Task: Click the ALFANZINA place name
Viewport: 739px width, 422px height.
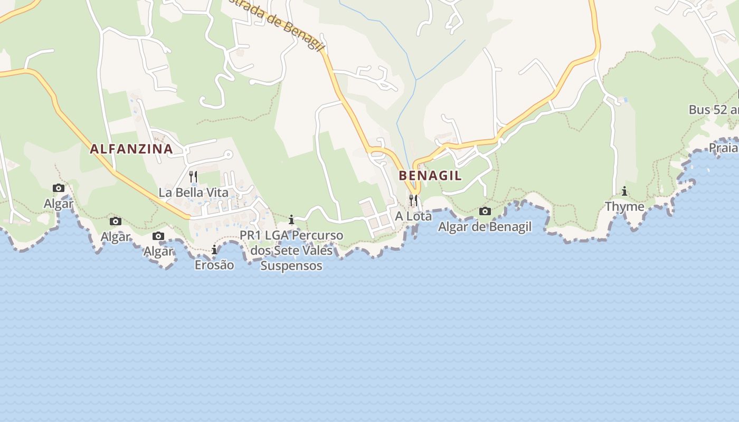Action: (x=131, y=149)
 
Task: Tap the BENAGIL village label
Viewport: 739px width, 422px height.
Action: (x=430, y=176)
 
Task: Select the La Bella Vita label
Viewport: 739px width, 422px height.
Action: (x=194, y=193)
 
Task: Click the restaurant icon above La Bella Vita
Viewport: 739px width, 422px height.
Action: (x=193, y=177)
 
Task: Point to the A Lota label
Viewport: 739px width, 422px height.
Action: (x=413, y=216)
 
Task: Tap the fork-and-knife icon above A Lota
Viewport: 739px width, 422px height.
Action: (x=413, y=200)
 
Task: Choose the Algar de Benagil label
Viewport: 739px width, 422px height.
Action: (x=485, y=227)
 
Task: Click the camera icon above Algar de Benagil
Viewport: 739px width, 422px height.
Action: (x=485, y=212)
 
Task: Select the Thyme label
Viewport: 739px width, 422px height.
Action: (x=624, y=207)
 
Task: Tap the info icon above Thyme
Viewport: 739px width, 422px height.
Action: (x=624, y=191)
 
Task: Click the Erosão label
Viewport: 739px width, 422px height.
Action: (x=214, y=265)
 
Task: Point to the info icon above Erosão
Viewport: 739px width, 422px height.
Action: (x=214, y=250)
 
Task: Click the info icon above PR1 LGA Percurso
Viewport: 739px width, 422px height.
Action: (x=291, y=219)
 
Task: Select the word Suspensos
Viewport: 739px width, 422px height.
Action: (x=291, y=266)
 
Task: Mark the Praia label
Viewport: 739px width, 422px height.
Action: (x=723, y=148)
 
